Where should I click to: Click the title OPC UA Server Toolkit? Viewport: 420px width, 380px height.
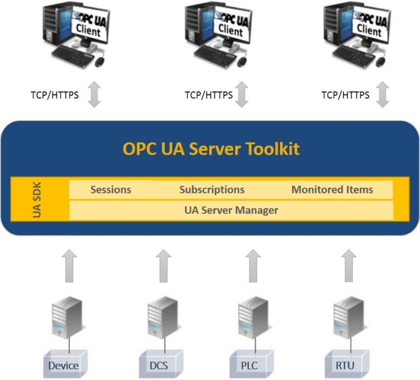[x=211, y=149]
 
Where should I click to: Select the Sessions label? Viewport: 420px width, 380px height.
[x=110, y=190]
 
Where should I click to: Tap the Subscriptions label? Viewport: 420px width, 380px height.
[x=212, y=190]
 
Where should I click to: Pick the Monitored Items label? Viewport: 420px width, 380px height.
[x=332, y=190]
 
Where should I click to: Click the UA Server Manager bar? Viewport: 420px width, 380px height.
[x=231, y=210]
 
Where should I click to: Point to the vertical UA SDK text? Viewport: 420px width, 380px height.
[x=37, y=200]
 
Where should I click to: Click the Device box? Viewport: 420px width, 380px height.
[x=63, y=365]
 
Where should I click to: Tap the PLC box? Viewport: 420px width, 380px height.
[x=249, y=365]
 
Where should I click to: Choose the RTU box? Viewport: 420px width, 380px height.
[x=345, y=365]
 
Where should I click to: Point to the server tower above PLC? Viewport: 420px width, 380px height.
[x=249, y=319]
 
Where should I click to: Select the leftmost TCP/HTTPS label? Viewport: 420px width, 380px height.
[x=55, y=95]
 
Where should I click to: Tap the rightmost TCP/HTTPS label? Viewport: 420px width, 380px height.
[x=345, y=95]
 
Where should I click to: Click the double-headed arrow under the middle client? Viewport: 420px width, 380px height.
[x=242, y=95]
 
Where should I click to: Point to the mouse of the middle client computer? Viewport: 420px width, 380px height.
[x=236, y=61]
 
